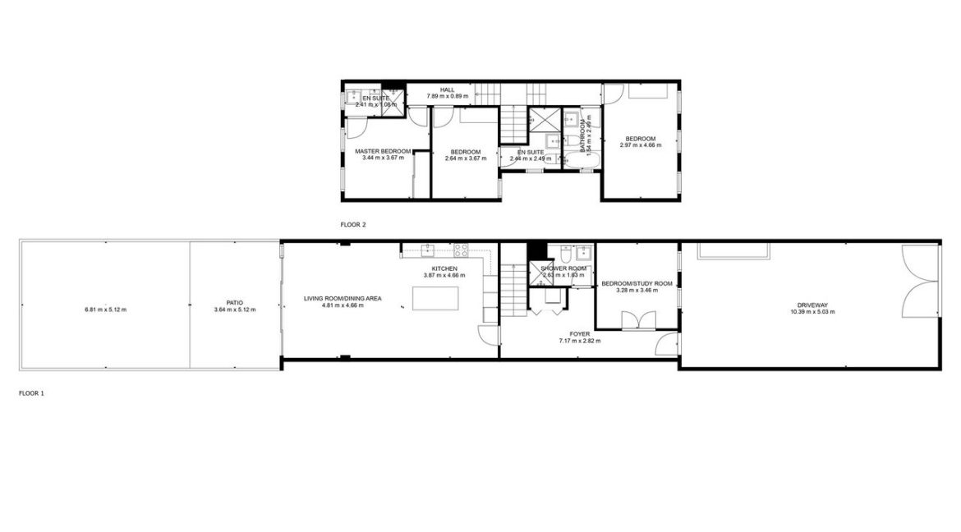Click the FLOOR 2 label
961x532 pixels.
click(x=352, y=223)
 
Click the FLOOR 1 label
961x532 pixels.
click(x=31, y=393)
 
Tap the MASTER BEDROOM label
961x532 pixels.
click(x=383, y=152)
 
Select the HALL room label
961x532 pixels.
click(x=447, y=89)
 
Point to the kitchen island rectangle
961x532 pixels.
click(x=431, y=300)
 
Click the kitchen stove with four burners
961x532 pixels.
click(x=462, y=249)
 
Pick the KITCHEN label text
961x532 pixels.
click(x=444, y=268)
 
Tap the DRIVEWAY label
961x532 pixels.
click(x=812, y=304)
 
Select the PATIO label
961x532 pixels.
click(x=235, y=302)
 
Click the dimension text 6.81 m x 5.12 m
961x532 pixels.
click(x=106, y=310)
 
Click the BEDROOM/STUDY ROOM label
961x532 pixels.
click(x=637, y=283)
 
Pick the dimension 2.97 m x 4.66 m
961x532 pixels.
click(x=640, y=145)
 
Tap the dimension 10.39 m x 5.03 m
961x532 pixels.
click(x=812, y=312)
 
